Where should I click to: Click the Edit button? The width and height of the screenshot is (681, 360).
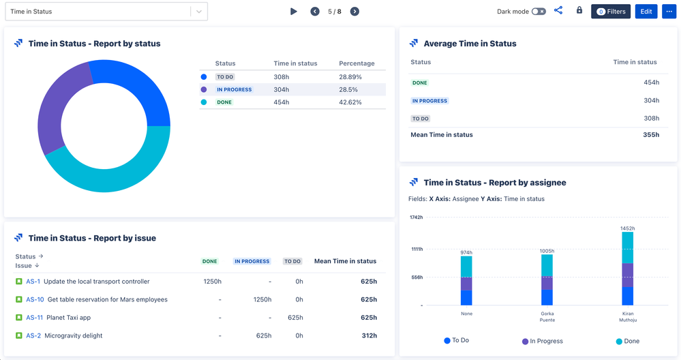[x=646, y=12]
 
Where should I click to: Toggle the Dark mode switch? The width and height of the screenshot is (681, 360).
[x=539, y=12]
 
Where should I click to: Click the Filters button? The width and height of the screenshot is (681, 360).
[x=610, y=12]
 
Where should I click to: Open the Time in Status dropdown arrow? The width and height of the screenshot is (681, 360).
[x=198, y=12]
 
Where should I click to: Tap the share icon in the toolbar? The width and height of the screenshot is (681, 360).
[x=558, y=11]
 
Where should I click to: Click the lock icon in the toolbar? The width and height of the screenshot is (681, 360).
[x=579, y=11]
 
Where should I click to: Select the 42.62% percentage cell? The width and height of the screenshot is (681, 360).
[x=350, y=102]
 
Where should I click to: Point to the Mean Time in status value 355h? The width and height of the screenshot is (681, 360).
[x=650, y=135]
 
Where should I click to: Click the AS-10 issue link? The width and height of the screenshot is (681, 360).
[x=35, y=299]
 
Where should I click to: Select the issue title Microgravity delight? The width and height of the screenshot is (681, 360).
[x=73, y=335]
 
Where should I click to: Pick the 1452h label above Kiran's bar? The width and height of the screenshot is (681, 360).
[x=627, y=228]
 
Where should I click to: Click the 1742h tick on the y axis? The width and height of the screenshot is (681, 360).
[x=416, y=217]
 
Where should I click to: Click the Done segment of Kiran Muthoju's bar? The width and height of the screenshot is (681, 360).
[x=627, y=247]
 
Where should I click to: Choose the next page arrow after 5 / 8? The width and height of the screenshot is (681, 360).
[x=354, y=12]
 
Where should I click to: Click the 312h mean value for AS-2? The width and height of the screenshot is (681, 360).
[x=369, y=335]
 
